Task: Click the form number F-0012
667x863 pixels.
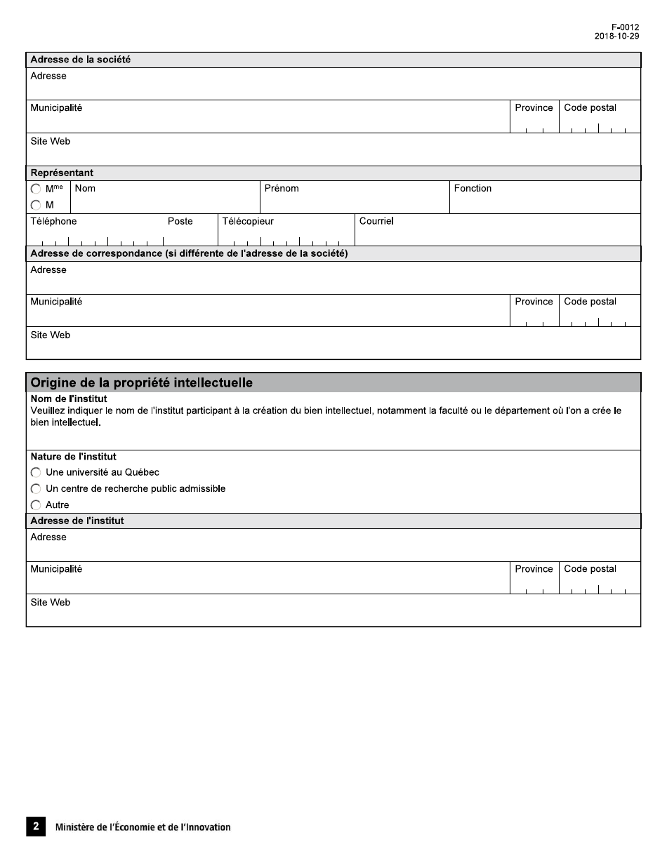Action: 625,27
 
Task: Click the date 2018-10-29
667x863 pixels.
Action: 616,36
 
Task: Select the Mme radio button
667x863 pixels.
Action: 36,189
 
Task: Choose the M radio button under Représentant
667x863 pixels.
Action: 36,206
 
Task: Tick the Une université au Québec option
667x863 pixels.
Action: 36,473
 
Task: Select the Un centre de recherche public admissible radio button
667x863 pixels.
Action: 36,489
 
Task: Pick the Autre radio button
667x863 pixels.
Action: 36,505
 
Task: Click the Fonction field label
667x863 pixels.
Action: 473,189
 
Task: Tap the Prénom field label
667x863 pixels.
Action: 282,189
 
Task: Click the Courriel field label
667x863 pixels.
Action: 376,222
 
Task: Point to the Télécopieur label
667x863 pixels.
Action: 248,222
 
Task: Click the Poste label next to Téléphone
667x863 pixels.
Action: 180,222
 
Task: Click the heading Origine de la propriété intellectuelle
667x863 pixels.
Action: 141,383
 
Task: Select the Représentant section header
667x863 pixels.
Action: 62,173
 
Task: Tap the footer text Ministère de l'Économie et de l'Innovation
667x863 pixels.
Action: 143,827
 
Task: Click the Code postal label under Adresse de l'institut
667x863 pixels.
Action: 590,569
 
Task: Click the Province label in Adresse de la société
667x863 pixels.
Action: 534,108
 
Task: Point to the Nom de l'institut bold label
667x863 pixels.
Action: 73,399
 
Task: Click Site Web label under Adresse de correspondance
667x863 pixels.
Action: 50,335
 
